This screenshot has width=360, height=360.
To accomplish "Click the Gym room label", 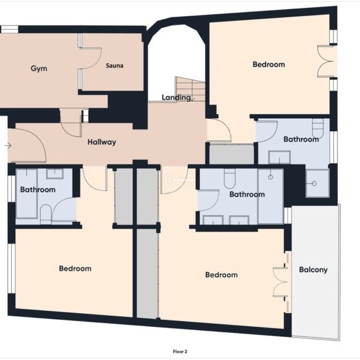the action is click(39, 68).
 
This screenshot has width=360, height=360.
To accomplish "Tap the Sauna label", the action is click(115, 65).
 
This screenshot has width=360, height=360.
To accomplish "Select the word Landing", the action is click(176, 98).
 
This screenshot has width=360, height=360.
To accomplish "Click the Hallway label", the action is click(102, 142).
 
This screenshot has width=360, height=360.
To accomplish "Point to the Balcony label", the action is click(313, 269).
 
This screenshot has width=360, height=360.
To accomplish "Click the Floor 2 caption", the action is click(180, 352).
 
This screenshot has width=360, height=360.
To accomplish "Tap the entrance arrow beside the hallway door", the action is click(8, 146).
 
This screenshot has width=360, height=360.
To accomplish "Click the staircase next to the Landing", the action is click(190, 89).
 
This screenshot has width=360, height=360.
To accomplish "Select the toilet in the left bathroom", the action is click(46, 214).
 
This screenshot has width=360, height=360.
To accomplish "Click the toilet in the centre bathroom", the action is click(230, 179).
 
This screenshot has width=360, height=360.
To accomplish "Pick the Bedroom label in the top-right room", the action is click(269, 65).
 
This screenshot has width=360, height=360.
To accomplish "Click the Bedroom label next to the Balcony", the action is click(221, 275).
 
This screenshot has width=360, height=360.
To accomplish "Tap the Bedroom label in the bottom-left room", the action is click(75, 268).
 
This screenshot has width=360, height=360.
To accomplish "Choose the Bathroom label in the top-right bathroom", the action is click(301, 139).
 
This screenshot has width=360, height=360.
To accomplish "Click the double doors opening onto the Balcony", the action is click(281, 282).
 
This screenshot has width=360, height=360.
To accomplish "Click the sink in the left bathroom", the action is click(55, 174).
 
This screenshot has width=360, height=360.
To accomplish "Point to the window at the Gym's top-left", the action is click(9, 29).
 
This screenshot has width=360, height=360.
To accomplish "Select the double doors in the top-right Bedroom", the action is click(325, 61).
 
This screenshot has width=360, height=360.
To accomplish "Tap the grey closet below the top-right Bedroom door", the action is click(232, 154).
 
